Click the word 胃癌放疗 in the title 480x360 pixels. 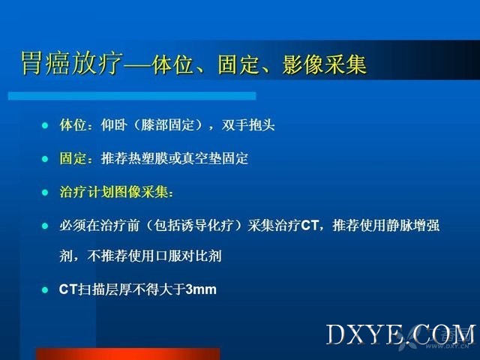72,63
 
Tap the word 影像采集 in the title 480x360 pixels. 324,64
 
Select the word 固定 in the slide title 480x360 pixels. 238,64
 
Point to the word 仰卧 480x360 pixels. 114,125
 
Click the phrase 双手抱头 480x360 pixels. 248,125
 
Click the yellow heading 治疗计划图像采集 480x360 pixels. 113,192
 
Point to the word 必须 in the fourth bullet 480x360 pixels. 73,225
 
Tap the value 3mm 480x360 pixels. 201,289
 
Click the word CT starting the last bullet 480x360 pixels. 68,289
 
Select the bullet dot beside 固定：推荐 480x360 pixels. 45,159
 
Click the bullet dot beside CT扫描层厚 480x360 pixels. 45,290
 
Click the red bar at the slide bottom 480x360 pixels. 128,354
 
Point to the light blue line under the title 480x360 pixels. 132,96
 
